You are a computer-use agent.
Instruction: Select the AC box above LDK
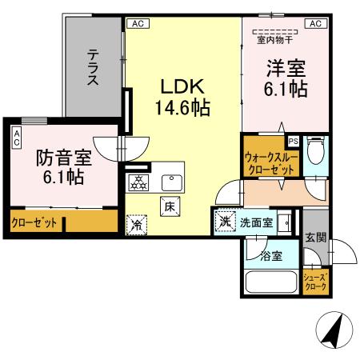click(135, 23)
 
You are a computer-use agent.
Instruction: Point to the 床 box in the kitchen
click(170, 205)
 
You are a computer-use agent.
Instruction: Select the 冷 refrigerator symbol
click(137, 225)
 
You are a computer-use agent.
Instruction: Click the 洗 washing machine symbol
click(225, 222)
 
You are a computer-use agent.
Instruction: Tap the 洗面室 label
click(257, 223)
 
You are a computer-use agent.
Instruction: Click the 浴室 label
click(271, 257)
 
